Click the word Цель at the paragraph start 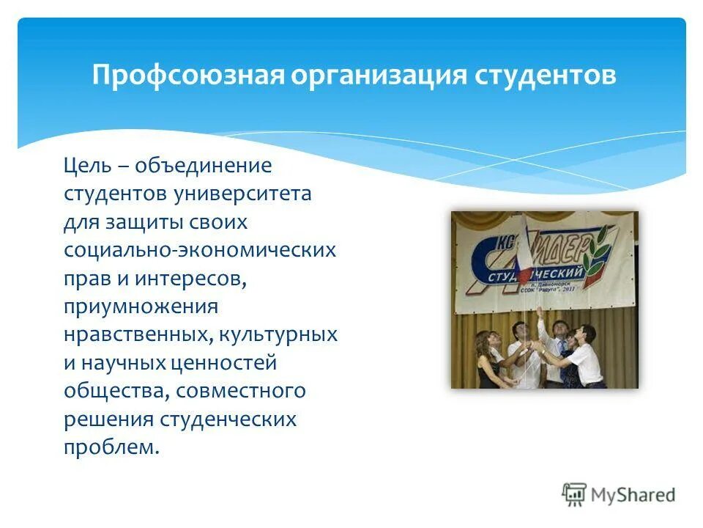(88, 166)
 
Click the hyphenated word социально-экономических (200, 250)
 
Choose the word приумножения (141, 307)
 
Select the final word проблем (111, 447)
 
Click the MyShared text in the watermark (634, 495)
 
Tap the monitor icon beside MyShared (575, 495)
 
